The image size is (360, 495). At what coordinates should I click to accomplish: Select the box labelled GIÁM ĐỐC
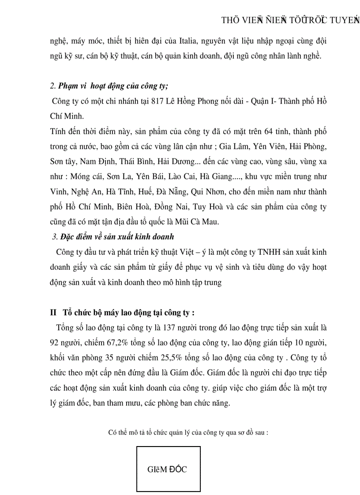pos(168,469)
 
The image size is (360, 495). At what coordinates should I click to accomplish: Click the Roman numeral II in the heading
pos(53,313)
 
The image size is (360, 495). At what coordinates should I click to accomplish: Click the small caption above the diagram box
pos(188,432)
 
